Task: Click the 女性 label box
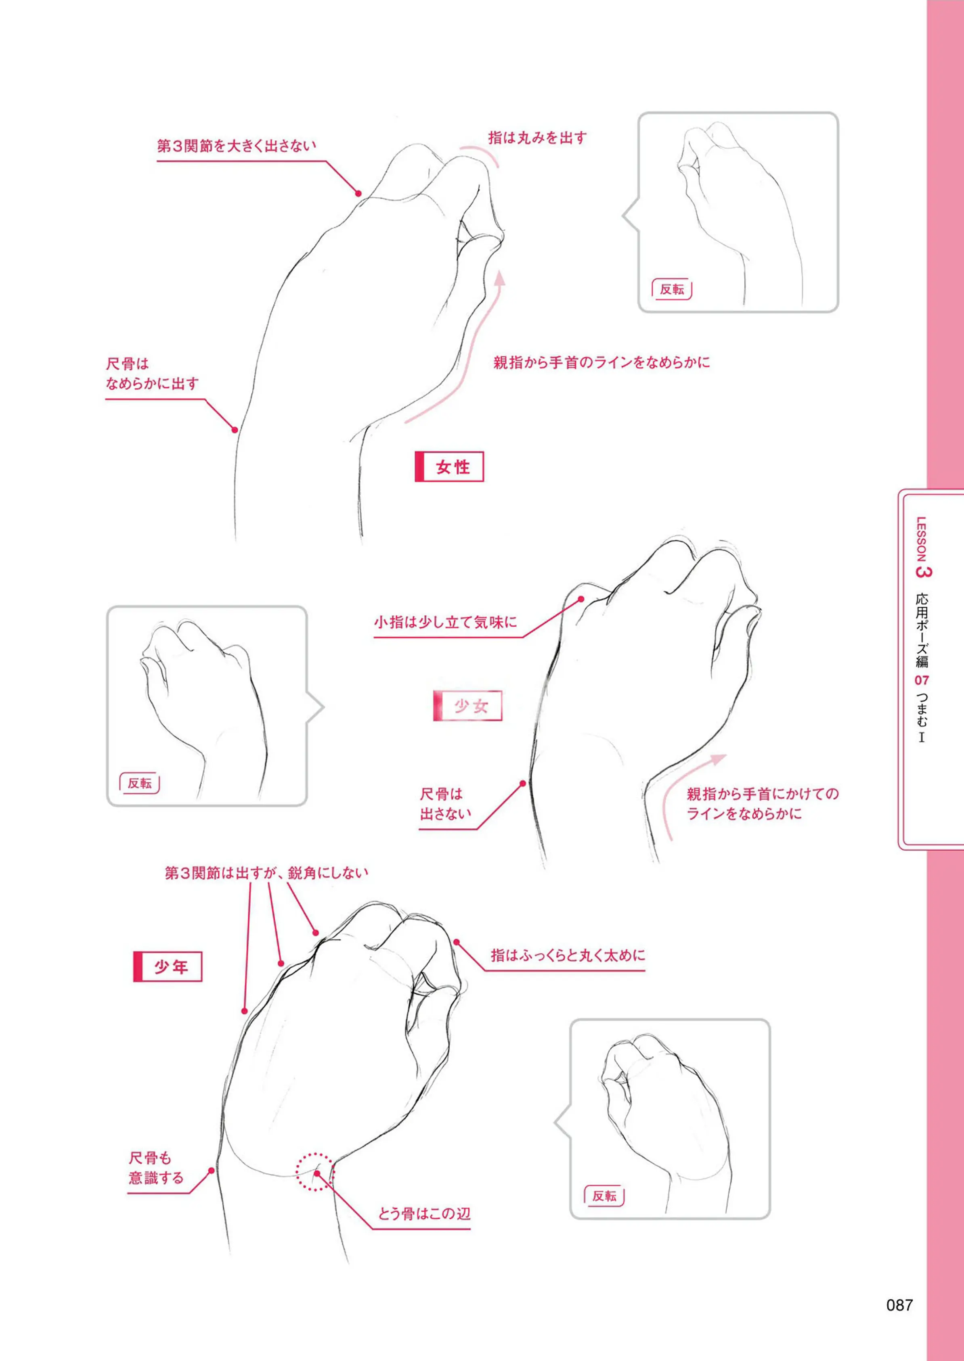tap(449, 467)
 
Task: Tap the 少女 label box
tap(468, 706)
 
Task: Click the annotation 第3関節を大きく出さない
tap(236, 146)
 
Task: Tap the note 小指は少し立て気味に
tap(445, 622)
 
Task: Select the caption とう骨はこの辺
tap(424, 1213)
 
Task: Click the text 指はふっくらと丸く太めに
tap(568, 955)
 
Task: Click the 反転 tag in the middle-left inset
tap(140, 783)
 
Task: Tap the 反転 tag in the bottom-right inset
tap(604, 1196)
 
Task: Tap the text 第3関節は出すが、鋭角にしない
tap(266, 873)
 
